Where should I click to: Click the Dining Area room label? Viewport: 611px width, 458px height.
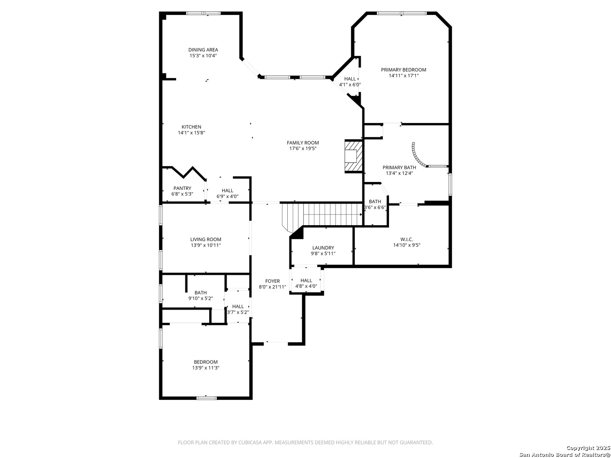coord(203,50)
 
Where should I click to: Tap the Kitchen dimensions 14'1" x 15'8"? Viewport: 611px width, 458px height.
coord(191,133)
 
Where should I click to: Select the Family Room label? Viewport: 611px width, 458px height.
coord(303,142)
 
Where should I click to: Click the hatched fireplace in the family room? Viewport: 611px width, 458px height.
coord(353,156)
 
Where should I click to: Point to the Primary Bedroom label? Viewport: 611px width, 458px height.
coord(403,70)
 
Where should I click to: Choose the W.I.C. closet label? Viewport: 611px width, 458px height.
coord(406,239)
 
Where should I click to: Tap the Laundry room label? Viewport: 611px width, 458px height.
coord(323,248)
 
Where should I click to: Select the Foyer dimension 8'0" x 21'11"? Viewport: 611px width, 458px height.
coord(272,287)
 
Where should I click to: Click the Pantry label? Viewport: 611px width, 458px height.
coord(182,188)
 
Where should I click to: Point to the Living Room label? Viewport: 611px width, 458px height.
coord(205,239)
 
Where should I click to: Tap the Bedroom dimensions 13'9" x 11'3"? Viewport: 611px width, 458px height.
coord(205,368)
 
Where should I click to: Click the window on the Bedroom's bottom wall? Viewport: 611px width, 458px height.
coord(207,398)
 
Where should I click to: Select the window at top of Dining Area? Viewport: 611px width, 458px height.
coord(204,13)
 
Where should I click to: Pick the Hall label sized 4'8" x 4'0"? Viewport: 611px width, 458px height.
coord(306,280)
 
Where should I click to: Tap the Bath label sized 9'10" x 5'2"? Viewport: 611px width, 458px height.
coord(200,293)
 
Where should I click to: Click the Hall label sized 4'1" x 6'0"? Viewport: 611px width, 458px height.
coord(350,79)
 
